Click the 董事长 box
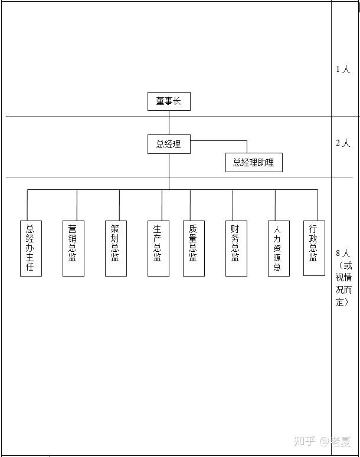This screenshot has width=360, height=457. point(169,101)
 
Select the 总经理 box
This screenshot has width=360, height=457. point(169,144)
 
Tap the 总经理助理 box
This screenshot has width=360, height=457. point(254,163)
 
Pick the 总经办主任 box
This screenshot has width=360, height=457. point(31,248)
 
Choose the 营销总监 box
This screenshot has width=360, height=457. point(73,248)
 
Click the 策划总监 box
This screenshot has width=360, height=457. point(116,248)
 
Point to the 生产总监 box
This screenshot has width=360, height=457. point(158,248)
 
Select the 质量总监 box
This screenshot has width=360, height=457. point(194,248)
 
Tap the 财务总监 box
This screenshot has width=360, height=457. point(235,248)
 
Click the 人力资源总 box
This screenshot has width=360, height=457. point(278,248)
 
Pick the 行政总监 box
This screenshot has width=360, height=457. point(314,248)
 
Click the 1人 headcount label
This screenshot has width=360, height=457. point(343,70)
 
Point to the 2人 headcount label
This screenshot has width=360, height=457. point(343,143)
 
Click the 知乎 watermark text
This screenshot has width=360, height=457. point(305,440)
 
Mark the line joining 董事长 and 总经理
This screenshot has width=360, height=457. point(169,123)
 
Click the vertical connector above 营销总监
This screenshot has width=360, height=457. point(77,205)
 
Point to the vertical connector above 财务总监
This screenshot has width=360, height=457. point(233,205)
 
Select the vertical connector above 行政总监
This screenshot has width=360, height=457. point(318,205)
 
